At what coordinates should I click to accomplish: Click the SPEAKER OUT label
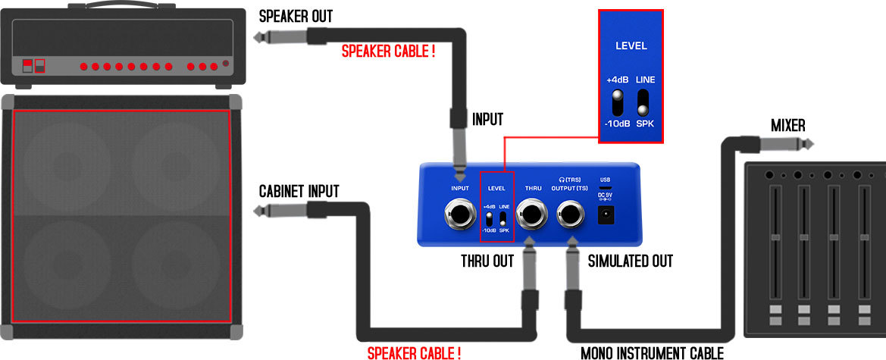[296, 16]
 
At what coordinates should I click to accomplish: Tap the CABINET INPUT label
[299, 191]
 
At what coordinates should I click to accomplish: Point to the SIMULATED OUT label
[630, 261]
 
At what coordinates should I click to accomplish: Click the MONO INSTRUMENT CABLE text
[653, 352]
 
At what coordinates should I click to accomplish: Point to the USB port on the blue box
[605, 186]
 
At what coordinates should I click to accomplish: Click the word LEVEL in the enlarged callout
[631, 45]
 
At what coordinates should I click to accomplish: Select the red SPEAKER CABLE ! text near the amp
[388, 52]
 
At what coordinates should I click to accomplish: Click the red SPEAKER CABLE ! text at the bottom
[414, 352]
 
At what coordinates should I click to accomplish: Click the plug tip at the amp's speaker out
[257, 36]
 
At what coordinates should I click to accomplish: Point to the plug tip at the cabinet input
[257, 211]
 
